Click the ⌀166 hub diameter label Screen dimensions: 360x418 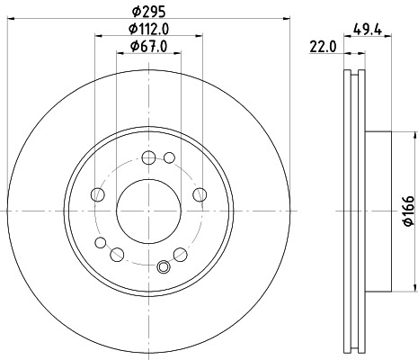[x=408, y=214]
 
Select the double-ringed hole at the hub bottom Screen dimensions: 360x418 [x=164, y=265]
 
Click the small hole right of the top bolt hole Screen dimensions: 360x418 [x=170, y=158]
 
